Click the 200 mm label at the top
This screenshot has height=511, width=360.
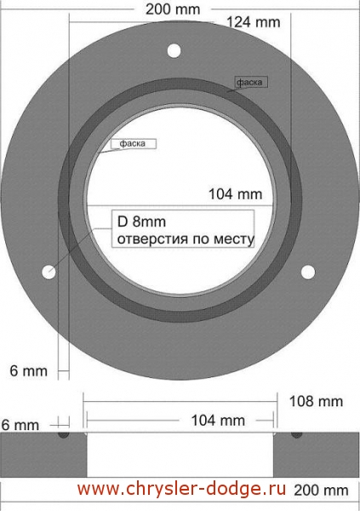[173, 9]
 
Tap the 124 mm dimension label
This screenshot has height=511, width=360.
[253, 22]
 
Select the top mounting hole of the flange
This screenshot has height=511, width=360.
[174, 51]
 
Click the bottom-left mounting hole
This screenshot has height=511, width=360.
[49, 273]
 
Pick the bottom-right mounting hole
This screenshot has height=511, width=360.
[308, 273]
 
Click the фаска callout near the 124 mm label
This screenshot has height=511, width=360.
[249, 82]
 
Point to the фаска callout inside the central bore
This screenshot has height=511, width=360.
[132, 143]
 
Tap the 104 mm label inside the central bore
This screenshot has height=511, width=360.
[235, 194]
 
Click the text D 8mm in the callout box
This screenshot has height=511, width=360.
[141, 221]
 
